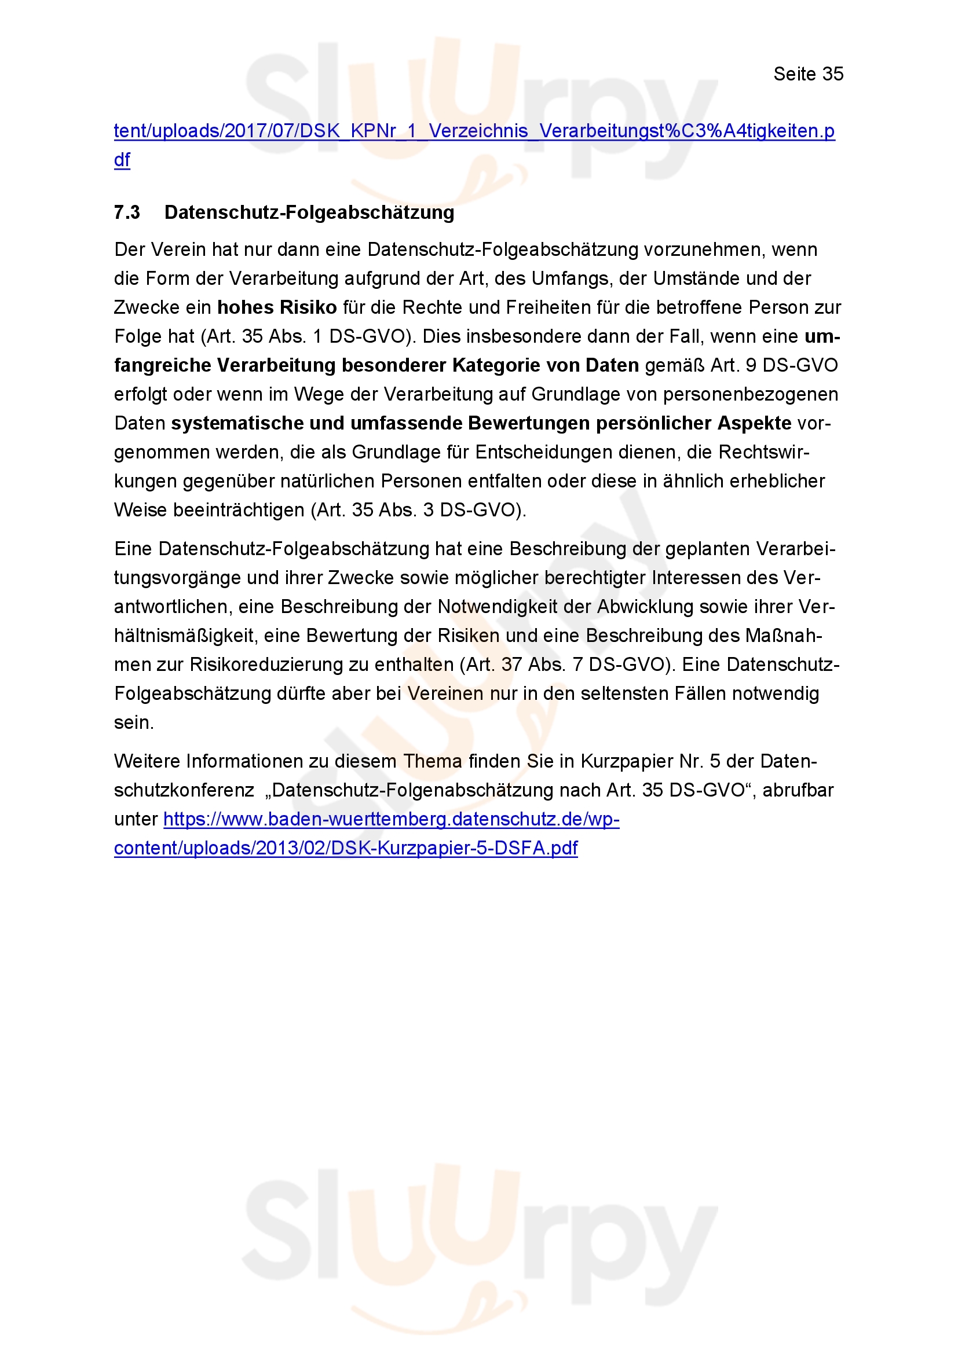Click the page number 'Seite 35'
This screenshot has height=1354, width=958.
click(807, 74)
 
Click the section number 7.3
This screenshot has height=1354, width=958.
click(127, 212)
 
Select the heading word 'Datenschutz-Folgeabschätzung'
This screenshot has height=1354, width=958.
click(309, 212)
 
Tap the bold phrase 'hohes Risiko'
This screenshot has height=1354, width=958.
click(277, 307)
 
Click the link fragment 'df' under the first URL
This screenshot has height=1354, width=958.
click(122, 160)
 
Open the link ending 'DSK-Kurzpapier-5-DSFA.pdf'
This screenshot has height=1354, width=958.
click(346, 848)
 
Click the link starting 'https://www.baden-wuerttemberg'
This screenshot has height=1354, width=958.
click(391, 819)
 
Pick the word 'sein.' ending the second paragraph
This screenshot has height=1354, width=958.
click(134, 722)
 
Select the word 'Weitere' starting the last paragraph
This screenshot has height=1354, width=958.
click(148, 761)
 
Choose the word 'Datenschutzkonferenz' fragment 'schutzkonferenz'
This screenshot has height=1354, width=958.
click(184, 790)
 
